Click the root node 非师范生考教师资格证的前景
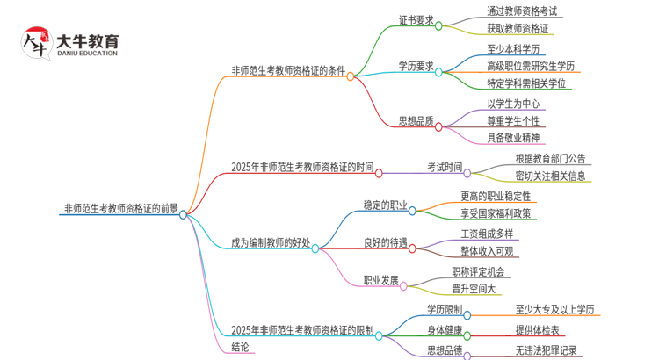pos(120,209)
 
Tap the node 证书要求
pos(416,20)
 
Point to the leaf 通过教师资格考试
pos(522,11)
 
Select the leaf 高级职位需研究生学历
pos(531,66)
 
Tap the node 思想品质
pos(416,122)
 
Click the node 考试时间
pos(444,167)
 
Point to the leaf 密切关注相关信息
pos(552,176)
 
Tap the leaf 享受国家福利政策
pos(496,212)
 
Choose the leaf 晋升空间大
pos(480,289)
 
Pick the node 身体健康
pos(444,329)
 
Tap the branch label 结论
pos(241,347)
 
